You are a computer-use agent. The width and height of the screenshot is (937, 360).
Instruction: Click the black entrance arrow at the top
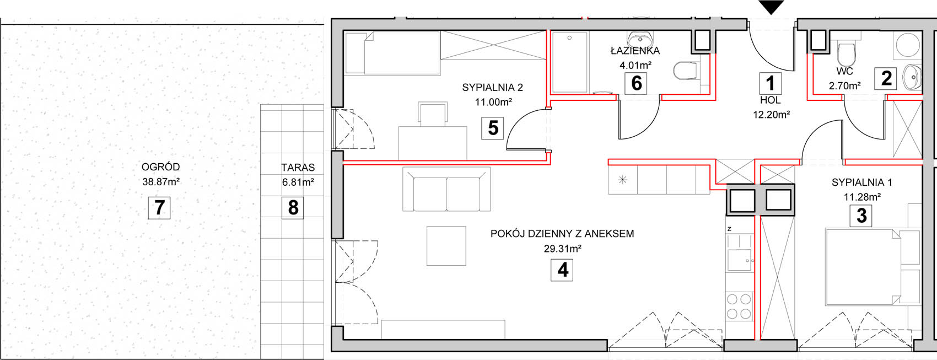(x=771, y=7)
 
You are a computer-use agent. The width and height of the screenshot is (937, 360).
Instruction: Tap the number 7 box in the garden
(x=159, y=208)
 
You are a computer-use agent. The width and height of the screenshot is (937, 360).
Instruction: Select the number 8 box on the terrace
(x=293, y=208)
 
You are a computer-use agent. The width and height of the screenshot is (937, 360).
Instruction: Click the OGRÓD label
(x=160, y=167)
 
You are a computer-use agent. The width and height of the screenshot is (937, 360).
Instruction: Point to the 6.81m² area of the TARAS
(x=298, y=182)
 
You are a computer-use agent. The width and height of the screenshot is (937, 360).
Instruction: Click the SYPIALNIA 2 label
(x=493, y=88)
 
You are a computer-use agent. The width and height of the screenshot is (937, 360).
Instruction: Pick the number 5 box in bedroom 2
(x=492, y=128)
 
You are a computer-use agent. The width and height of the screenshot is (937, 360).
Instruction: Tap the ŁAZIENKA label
(x=635, y=51)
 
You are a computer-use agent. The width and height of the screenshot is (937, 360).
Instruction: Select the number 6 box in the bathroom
(x=636, y=83)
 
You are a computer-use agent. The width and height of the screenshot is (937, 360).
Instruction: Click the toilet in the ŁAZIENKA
(x=686, y=71)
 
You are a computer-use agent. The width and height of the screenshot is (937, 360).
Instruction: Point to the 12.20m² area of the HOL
(x=771, y=115)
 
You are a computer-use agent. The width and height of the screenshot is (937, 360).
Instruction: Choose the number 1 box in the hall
(x=771, y=83)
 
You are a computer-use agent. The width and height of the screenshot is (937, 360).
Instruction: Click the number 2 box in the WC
(x=886, y=78)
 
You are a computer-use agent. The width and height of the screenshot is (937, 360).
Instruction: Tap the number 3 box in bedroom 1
(x=861, y=216)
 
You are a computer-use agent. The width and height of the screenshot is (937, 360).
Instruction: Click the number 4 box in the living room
(x=562, y=270)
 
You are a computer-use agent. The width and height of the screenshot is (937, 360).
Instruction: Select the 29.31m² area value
(x=562, y=249)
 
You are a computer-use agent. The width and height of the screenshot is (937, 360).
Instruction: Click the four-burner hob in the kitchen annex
(x=739, y=307)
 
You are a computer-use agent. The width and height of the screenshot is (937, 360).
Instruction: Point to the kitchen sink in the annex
(x=740, y=260)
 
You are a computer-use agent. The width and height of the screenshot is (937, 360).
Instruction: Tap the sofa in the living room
(x=446, y=189)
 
